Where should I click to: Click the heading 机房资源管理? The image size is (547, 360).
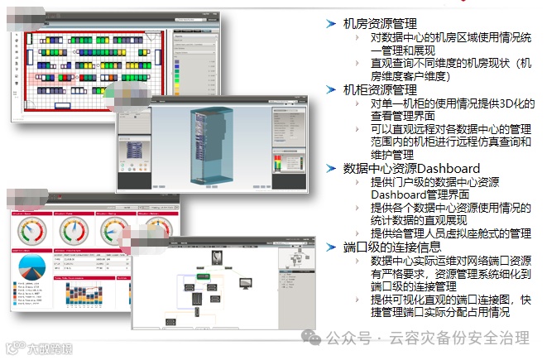pyautogui.click(x=381, y=24)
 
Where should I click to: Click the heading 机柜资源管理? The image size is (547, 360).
pyautogui.click(x=381, y=90)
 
